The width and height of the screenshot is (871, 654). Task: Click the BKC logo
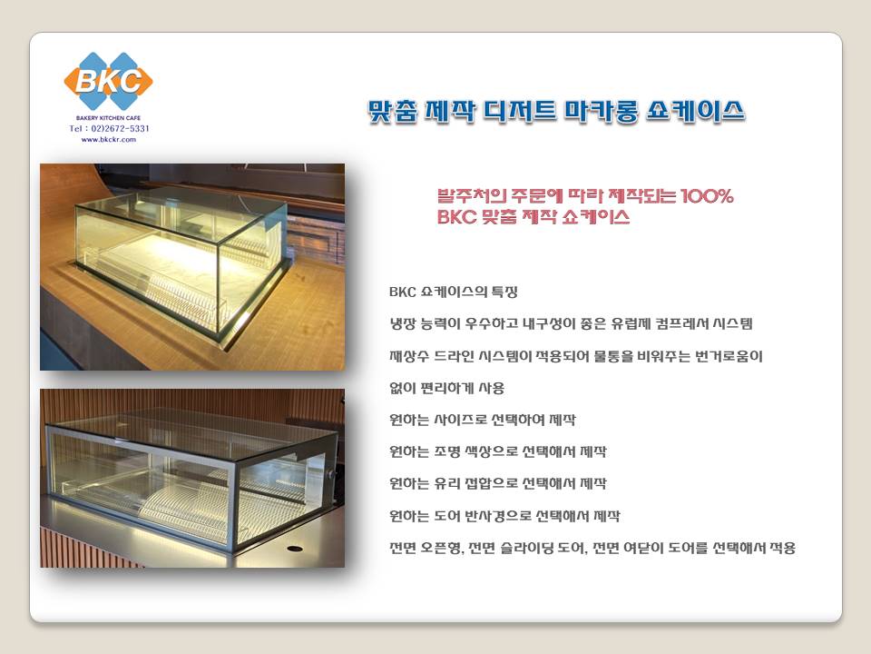pyautogui.click(x=108, y=81)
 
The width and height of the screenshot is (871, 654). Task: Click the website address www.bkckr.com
pyautogui.click(x=109, y=140)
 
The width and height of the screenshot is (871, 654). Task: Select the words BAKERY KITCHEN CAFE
pyautogui.click(x=108, y=118)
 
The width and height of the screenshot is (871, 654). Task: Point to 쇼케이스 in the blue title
pyautogui.click(x=696, y=111)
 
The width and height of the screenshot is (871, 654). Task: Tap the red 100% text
pyautogui.click(x=707, y=196)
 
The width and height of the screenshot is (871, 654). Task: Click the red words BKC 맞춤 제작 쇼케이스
pyautogui.click(x=533, y=216)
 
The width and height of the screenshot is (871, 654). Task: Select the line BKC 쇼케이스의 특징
pyautogui.click(x=454, y=292)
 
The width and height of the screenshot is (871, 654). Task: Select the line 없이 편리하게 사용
pyautogui.click(x=446, y=388)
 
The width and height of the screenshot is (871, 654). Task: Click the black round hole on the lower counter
pyautogui.click(x=295, y=549)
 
